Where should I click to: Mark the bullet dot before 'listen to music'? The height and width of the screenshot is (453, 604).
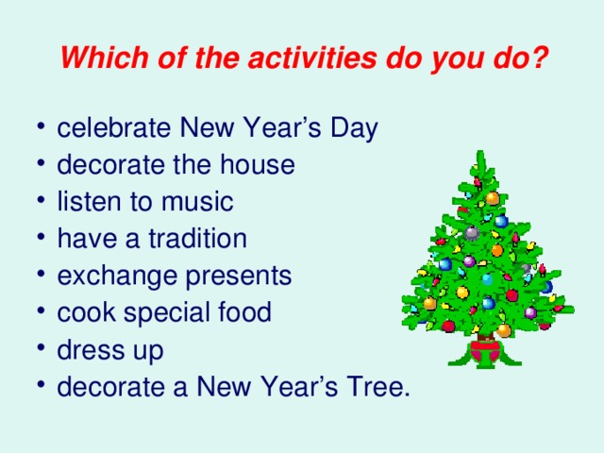click(44, 203)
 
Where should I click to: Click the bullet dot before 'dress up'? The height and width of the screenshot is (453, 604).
click(44, 351)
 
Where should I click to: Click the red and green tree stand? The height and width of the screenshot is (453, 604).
click(485, 351)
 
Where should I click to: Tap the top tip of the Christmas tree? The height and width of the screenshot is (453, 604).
click(480, 154)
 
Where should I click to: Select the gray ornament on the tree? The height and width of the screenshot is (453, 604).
click(471, 232)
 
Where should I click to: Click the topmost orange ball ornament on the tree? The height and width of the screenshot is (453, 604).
click(492, 198)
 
